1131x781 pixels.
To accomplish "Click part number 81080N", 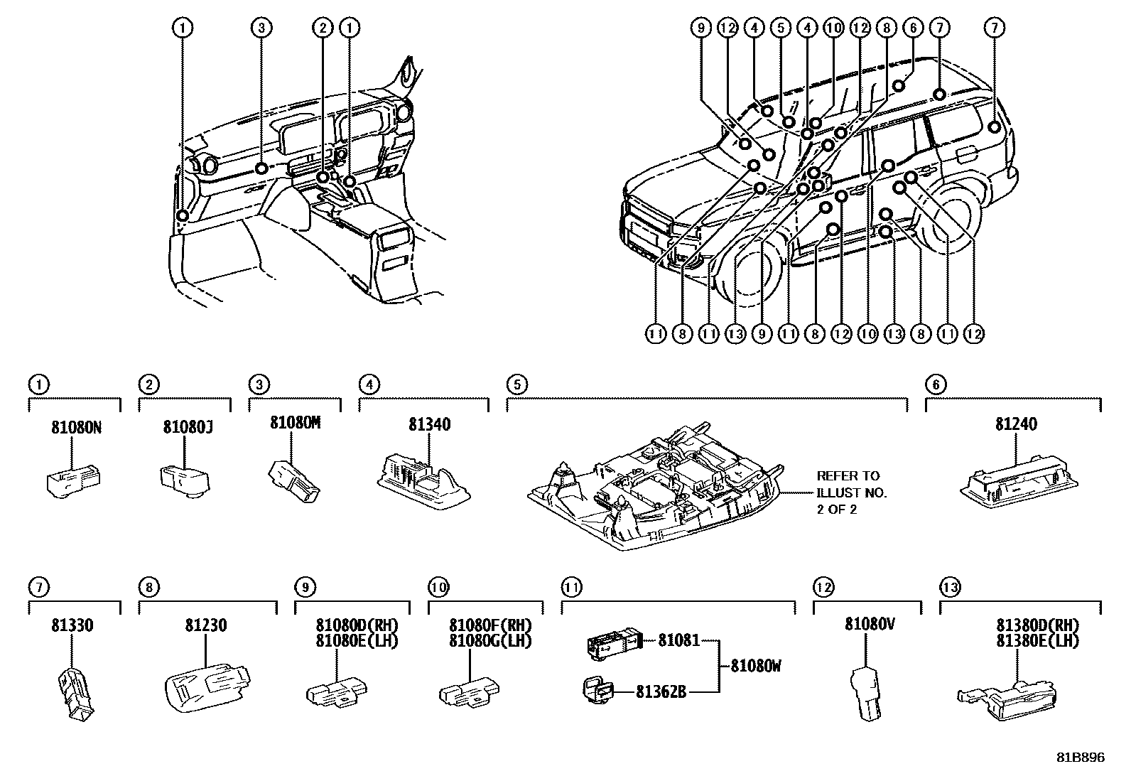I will point(76,428).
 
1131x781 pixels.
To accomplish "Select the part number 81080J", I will point(187,428).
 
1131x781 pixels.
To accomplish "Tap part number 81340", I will point(429,425).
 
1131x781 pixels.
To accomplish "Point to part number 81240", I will point(1016,424).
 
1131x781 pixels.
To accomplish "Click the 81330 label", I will point(72,626).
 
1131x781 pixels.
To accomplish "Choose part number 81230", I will point(206,626).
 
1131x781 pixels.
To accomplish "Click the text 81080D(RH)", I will point(357,625).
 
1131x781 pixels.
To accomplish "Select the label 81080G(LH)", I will point(490,640).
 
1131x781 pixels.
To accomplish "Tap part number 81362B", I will point(661,691).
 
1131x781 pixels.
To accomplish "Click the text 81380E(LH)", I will point(1037,640).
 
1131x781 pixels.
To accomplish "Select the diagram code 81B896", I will point(1081,758).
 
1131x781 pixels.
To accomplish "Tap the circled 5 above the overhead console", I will point(517,384).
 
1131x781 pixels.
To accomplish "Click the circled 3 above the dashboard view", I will point(261,28).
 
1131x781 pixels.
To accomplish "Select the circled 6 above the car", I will point(912,28).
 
